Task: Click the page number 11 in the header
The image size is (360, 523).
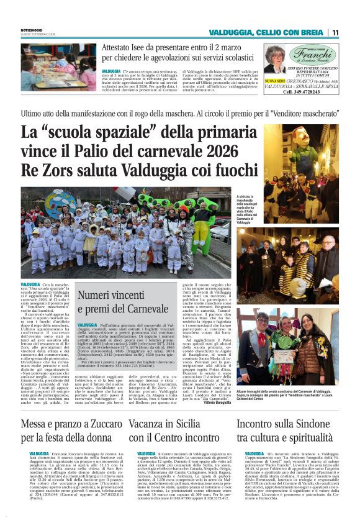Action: coord(335,32)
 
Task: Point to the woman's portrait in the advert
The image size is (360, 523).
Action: coord(274,60)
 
